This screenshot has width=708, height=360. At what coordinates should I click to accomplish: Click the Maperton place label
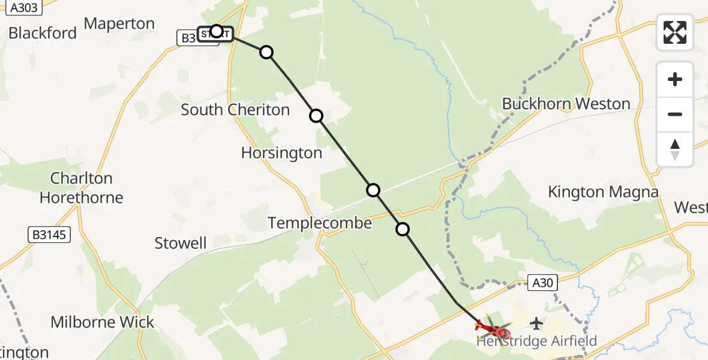[119, 24]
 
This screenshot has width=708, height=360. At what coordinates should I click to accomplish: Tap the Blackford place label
[43, 32]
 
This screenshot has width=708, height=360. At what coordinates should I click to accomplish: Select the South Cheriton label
[235, 110]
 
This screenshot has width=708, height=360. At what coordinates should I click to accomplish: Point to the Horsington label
[281, 153]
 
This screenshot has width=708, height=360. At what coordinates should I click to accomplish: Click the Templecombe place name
[320, 223]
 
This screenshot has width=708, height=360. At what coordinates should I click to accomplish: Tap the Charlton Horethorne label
[81, 188]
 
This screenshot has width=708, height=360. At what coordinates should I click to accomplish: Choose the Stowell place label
[181, 243]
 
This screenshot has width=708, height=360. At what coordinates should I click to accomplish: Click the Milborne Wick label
[103, 322]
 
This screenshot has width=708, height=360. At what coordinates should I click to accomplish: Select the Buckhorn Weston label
[566, 104]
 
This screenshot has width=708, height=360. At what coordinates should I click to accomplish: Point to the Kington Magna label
[603, 192]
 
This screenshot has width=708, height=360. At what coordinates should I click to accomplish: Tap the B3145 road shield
[49, 235]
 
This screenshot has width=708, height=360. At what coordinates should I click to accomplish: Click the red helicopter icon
[493, 328]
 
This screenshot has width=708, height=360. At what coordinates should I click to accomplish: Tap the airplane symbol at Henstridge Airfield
[536, 324]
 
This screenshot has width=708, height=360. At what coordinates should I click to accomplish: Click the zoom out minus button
[675, 114]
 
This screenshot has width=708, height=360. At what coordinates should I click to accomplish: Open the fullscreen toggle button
[675, 32]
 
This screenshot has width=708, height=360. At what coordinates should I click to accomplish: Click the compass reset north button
[675, 149]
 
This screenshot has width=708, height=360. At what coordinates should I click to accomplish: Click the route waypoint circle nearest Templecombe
[403, 229]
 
